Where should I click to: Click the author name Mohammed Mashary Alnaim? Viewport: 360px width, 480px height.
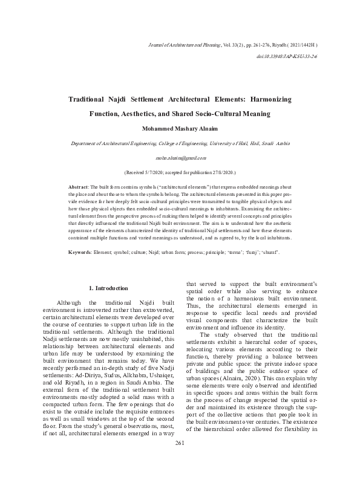180,128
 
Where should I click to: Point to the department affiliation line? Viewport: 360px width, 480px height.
180,143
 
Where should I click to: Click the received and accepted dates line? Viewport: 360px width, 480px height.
180,172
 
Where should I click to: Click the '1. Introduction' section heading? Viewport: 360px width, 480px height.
108,288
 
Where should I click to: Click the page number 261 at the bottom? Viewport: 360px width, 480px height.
180,461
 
